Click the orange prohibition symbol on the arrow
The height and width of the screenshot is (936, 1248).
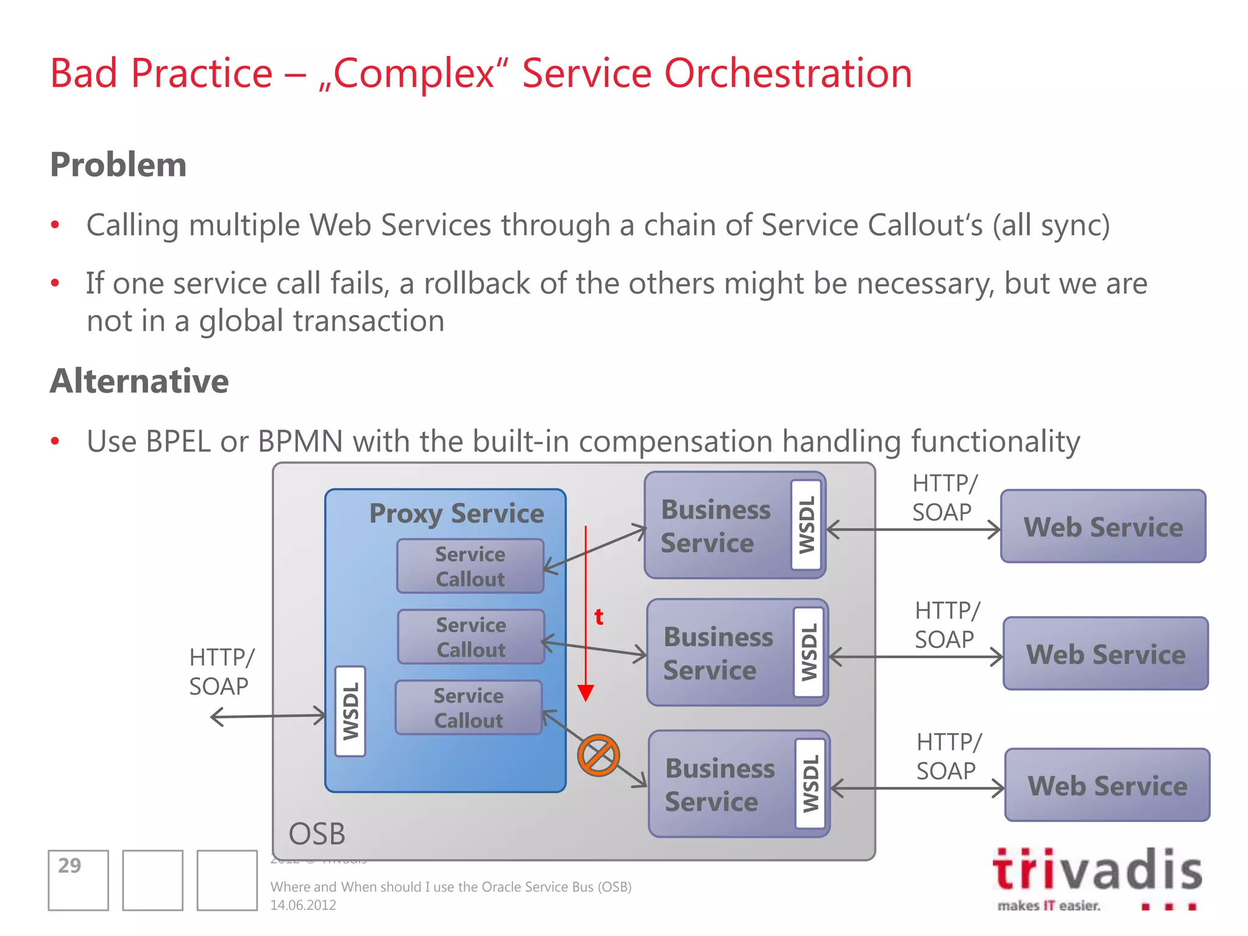(x=598, y=755)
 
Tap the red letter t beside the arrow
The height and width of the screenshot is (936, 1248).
(x=599, y=617)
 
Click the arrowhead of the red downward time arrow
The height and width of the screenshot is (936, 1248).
(x=586, y=693)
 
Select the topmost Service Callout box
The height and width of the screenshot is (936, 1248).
(x=470, y=566)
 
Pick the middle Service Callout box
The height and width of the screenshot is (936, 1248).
(x=470, y=637)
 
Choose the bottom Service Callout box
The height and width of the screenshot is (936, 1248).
(x=469, y=707)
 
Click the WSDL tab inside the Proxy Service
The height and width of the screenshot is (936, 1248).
(x=350, y=711)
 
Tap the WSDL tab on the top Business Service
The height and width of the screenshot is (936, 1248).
(x=806, y=525)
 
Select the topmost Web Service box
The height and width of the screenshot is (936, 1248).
(x=1103, y=526)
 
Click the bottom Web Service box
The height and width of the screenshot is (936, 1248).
(x=1107, y=785)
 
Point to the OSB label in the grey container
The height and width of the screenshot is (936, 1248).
(x=317, y=834)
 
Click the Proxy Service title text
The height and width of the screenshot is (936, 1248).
(x=456, y=513)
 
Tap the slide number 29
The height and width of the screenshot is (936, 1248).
(x=69, y=865)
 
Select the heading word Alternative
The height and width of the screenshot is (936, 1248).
(x=140, y=381)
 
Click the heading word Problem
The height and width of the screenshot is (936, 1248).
(x=118, y=165)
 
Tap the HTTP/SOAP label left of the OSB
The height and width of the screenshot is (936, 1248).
(x=221, y=672)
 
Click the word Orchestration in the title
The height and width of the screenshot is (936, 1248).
(x=788, y=73)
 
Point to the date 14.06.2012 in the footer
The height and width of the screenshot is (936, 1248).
(x=303, y=905)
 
